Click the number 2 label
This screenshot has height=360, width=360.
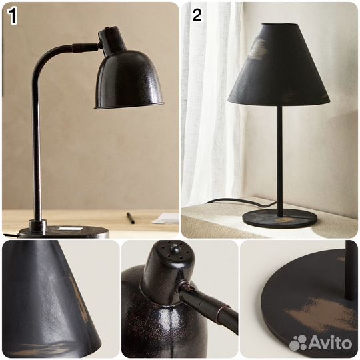197,15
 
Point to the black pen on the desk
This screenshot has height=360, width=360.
131,218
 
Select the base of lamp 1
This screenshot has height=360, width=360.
63,231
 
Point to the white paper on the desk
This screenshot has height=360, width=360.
165,218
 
